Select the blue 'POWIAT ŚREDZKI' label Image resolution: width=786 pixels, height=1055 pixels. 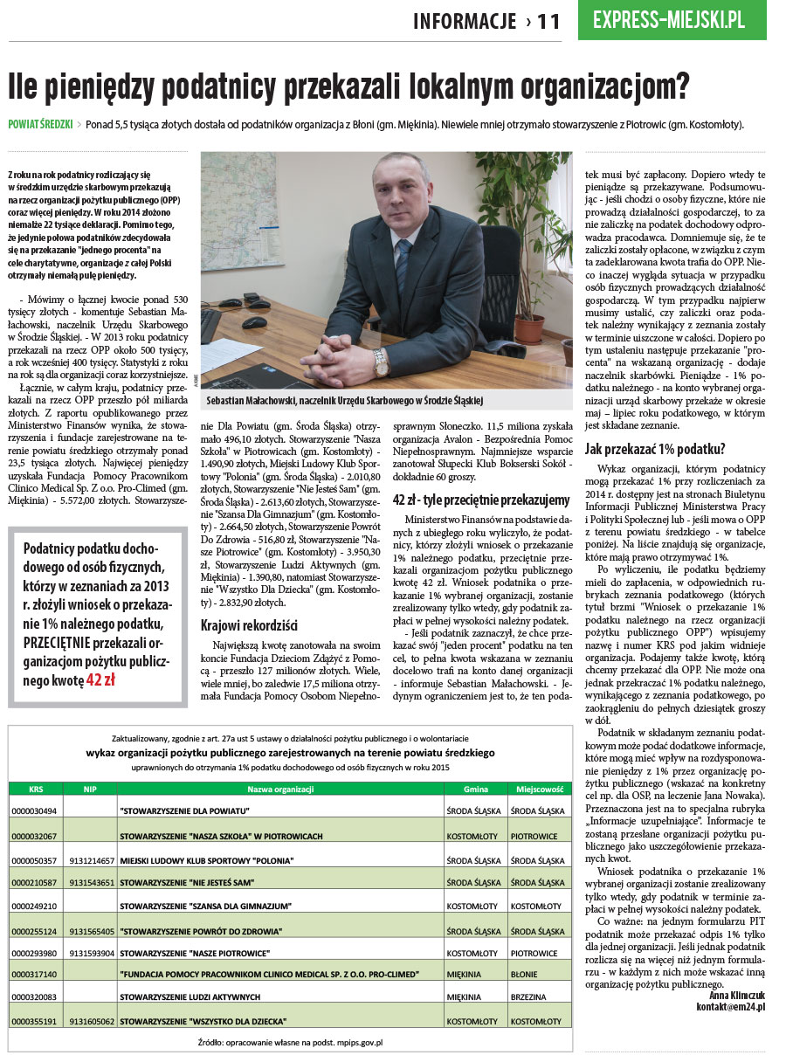coord(40,124)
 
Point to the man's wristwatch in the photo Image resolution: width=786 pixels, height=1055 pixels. coord(380,359)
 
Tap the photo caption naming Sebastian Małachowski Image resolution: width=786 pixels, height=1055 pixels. coord(345,401)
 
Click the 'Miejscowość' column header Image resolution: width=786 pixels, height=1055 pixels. coord(538,789)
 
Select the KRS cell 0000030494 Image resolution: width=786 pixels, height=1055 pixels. coord(35,811)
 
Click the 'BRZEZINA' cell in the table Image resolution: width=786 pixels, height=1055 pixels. coord(528,996)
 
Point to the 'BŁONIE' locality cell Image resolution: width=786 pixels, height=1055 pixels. coord(524,974)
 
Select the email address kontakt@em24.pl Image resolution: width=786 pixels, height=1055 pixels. coord(730,1007)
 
